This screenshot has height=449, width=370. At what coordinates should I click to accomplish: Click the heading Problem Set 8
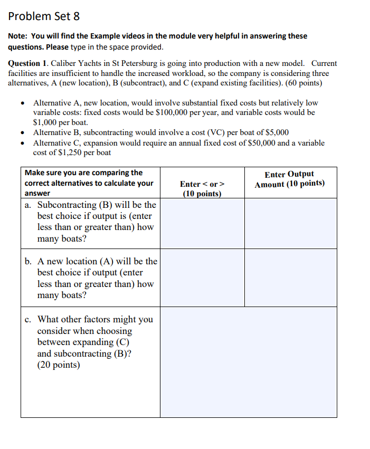[44, 16]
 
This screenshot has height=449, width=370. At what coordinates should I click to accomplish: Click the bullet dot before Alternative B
[22, 132]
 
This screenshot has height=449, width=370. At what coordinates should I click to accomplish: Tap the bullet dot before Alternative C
[22, 143]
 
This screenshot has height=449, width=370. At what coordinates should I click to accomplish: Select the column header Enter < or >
[202, 184]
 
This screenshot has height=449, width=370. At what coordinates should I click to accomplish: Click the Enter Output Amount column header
[289, 179]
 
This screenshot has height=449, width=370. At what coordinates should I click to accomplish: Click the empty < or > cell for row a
[202, 223]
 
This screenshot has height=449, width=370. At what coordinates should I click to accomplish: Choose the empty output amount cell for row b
[290, 278]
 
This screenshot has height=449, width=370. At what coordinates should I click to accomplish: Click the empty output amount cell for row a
[290, 223]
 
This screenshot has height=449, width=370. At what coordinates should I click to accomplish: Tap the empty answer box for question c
[248, 362]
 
